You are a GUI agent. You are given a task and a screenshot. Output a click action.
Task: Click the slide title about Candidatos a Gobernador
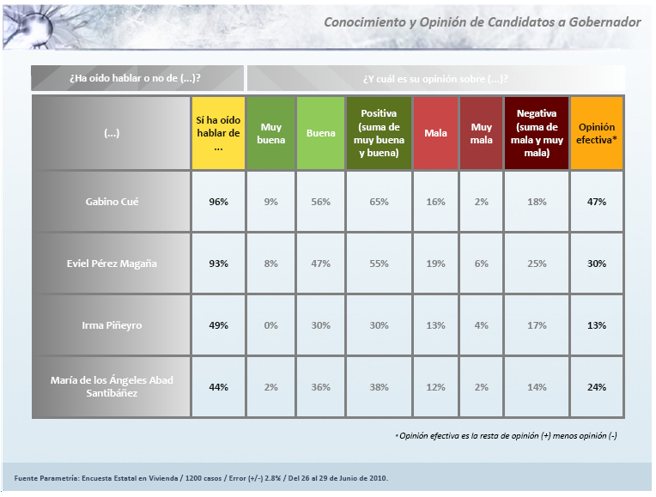(482, 22)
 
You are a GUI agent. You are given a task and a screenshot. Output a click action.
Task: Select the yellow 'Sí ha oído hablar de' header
(218, 133)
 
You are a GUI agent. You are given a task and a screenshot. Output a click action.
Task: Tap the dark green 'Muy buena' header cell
(270, 133)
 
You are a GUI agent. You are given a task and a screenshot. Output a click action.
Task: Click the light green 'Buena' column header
(320, 133)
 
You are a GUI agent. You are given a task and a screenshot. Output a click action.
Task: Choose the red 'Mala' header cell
(435, 133)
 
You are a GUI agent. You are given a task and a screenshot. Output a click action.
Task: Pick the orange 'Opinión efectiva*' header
(597, 133)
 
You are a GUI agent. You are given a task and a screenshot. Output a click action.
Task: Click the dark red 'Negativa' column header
(537, 133)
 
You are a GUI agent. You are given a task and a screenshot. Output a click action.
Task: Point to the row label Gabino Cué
(111, 202)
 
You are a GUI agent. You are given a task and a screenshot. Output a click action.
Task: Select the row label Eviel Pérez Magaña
(111, 264)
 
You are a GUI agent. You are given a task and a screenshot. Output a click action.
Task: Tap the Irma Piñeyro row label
(111, 325)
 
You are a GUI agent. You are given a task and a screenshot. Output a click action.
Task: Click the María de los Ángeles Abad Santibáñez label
(111, 387)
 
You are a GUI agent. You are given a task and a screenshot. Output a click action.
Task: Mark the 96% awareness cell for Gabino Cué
(218, 202)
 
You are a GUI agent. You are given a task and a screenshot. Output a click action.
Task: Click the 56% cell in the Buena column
(320, 202)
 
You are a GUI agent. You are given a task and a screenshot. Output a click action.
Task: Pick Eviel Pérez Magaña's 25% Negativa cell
(537, 264)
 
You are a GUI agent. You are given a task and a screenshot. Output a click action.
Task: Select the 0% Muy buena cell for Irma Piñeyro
(270, 325)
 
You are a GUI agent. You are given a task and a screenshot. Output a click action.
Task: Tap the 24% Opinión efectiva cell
(597, 387)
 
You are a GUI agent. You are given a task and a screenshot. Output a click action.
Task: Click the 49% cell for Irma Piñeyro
(218, 325)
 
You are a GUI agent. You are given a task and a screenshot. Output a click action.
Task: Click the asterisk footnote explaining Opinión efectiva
(507, 436)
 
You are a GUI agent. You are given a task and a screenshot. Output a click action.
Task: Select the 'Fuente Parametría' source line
(201, 477)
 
